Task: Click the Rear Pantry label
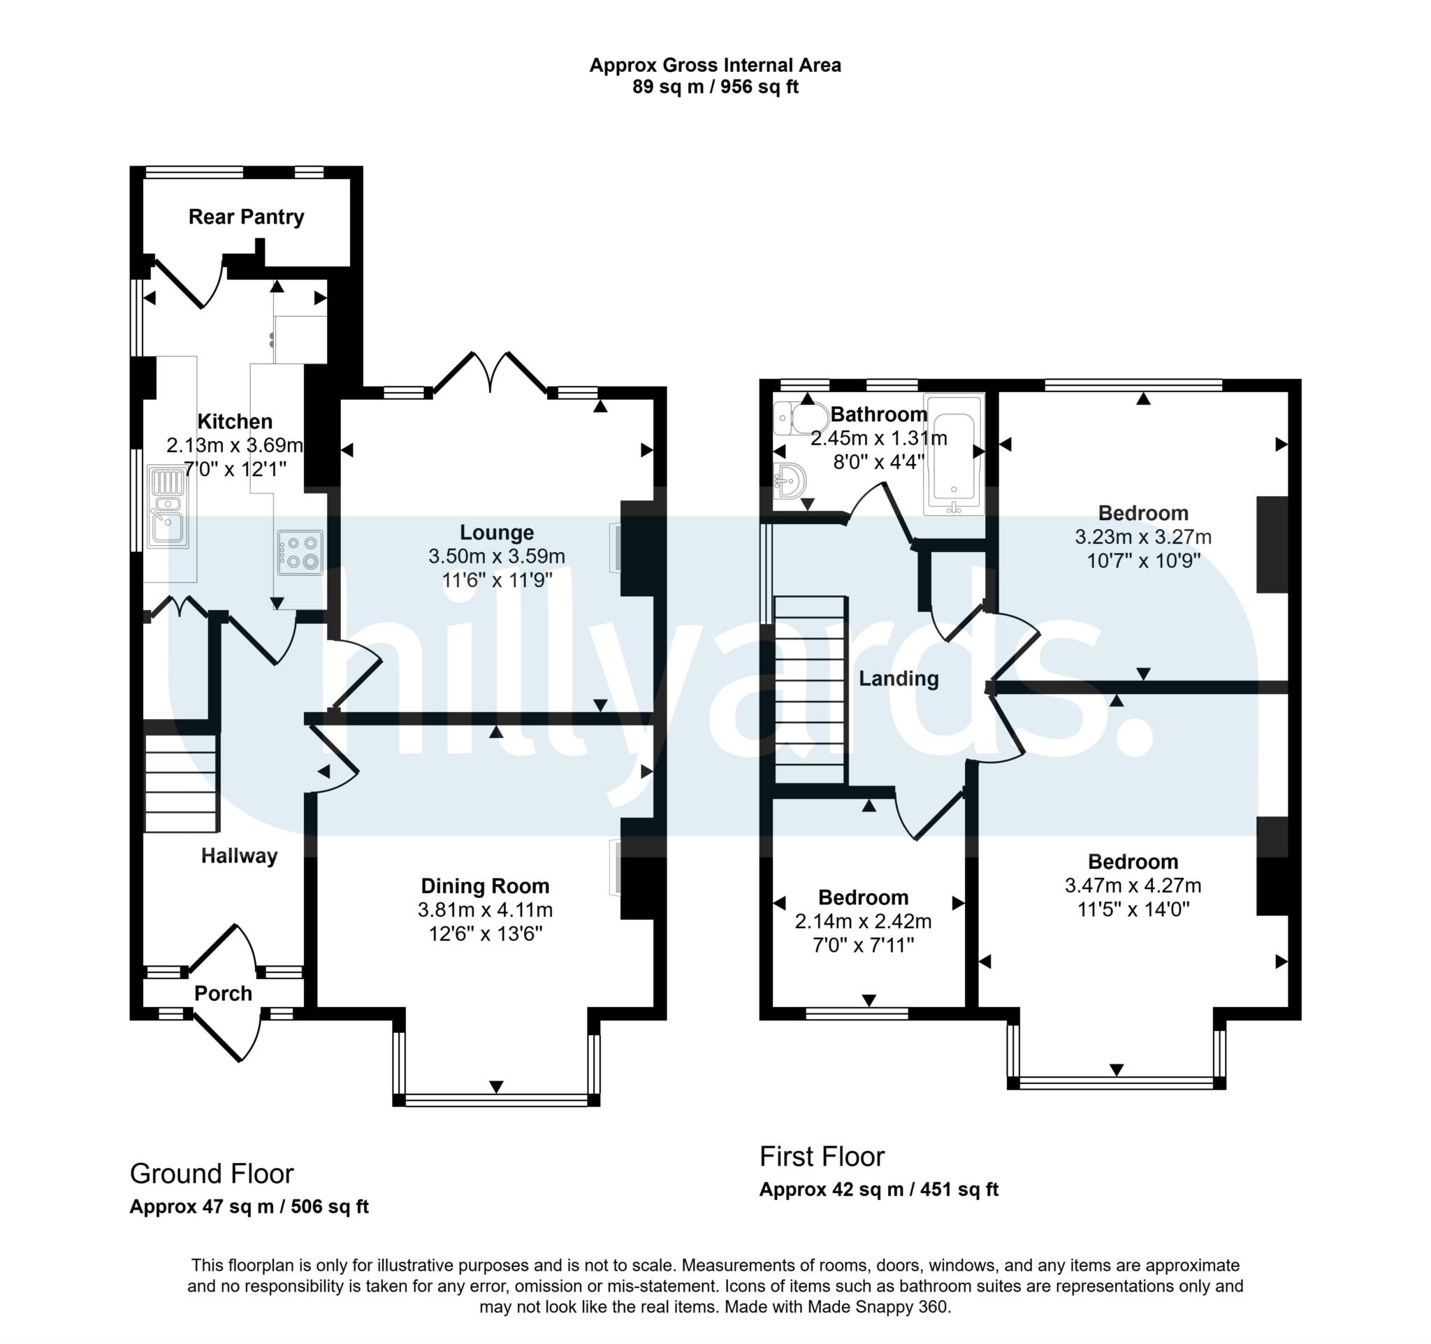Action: tap(246, 217)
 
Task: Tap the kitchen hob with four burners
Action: tap(300, 553)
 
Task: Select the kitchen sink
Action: tap(168, 507)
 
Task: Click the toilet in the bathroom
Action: tap(801, 418)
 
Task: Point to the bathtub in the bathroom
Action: tap(954, 455)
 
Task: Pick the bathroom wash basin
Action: tap(790, 480)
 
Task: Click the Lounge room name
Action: tap(497, 533)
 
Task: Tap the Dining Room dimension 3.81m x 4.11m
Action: tap(485, 910)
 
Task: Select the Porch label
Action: tap(223, 993)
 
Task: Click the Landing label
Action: tap(899, 678)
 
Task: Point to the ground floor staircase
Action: tap(181, 783)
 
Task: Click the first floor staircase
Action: tap(809, 690)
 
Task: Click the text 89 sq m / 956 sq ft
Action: tap(715, 87)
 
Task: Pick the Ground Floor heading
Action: tap(212, 1173)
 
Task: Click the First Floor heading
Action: tap(821, 1156)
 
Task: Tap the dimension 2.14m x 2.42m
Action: tap(863, 921)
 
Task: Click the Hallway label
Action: tap(239, 856)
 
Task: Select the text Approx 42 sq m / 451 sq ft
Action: tap(878, 1190)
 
